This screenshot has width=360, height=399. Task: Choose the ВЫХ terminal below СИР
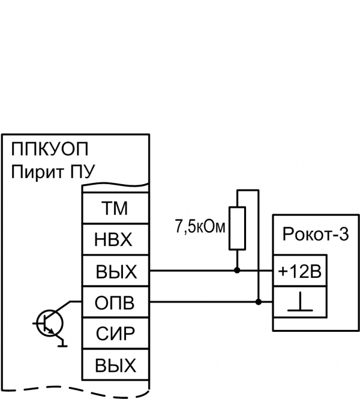[115, 365]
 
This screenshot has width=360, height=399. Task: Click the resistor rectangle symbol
[237, 227]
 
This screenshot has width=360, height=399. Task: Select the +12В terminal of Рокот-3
[300, 272]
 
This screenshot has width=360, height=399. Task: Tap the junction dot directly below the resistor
[237, 271]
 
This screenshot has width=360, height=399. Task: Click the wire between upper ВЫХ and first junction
[192, 271]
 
